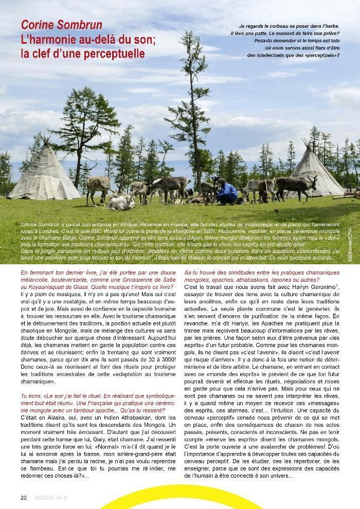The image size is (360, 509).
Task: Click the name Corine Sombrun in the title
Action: [61, 25]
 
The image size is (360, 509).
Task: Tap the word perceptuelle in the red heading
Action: [115, 53]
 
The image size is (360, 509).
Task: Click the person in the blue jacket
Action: [226, 191]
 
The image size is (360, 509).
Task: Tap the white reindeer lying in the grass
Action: [121, 201]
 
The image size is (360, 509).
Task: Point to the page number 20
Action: [24, 497]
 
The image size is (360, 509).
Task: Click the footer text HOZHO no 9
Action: [51, 497]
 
